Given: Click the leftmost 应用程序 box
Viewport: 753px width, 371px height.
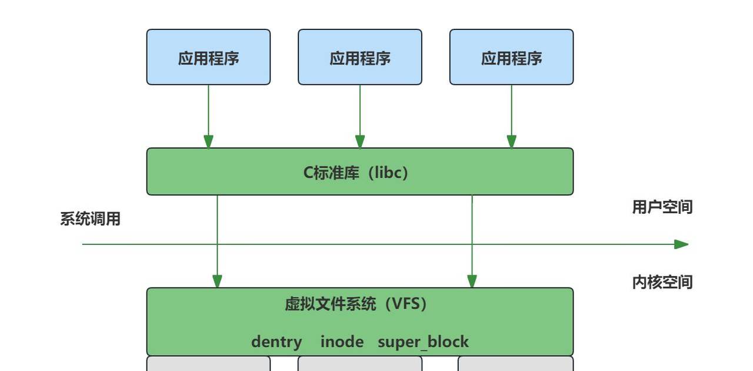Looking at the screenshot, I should point(208,57).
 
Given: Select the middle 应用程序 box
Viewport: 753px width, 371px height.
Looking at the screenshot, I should point(360,57).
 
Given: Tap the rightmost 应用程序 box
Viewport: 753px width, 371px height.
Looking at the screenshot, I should point(511,57).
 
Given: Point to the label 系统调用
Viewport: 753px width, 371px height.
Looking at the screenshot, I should point(90,219).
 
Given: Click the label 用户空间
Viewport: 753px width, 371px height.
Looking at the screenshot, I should point(662,207).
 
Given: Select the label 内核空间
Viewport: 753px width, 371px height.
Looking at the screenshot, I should point(662,282).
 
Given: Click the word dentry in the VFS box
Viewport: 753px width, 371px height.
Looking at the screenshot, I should point(276,342).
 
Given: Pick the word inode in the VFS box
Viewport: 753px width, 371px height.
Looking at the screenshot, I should point(342,342).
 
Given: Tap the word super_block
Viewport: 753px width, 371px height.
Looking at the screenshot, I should point(423,342).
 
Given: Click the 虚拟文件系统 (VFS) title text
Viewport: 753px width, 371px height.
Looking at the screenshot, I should point(356,304).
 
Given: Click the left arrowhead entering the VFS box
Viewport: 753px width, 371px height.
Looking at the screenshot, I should point(217,281).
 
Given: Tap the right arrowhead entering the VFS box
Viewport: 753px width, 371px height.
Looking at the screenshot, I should point(472,281).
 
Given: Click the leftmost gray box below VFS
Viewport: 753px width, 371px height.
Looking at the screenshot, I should point(208,364).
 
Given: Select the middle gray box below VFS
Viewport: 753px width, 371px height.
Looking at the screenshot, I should point(360,364).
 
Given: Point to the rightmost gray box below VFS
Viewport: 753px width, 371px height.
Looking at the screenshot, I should point(515,364).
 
